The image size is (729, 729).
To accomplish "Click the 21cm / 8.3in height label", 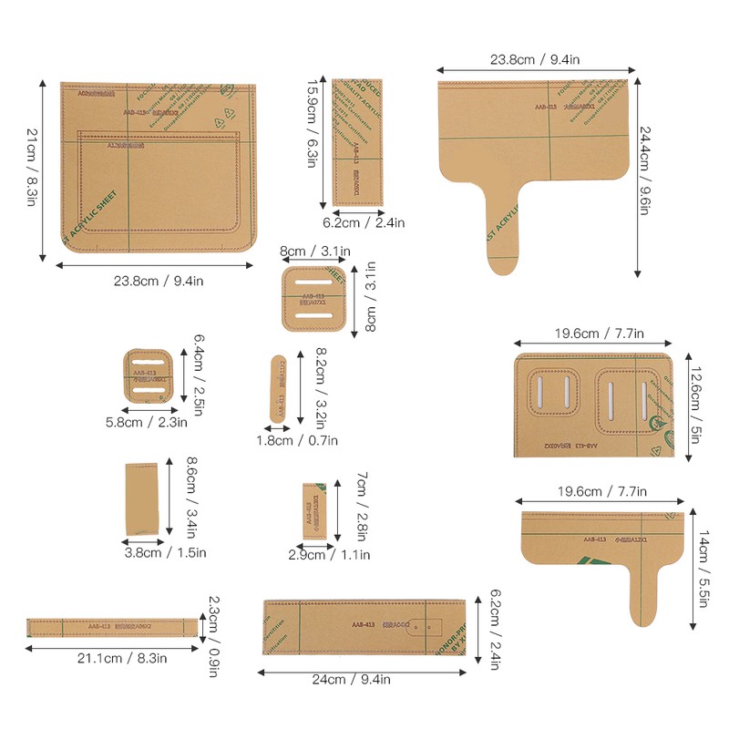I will pyautogui.click(x=31, y=172).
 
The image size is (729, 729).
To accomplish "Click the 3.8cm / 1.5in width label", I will pyautogui.click(x=165, y=552).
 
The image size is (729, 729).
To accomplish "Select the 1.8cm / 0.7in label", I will pyautogui.click(x=296, y=440).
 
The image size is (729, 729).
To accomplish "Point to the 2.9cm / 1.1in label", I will pyautogui.click(x=329, y=555).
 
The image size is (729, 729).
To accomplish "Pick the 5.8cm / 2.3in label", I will pyautogui.click(x=146, y=422).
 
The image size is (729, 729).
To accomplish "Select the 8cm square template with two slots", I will pyautogui.click(x=313, y=300).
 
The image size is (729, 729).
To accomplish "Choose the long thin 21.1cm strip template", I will pyautogui.click(x=112, y=627).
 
